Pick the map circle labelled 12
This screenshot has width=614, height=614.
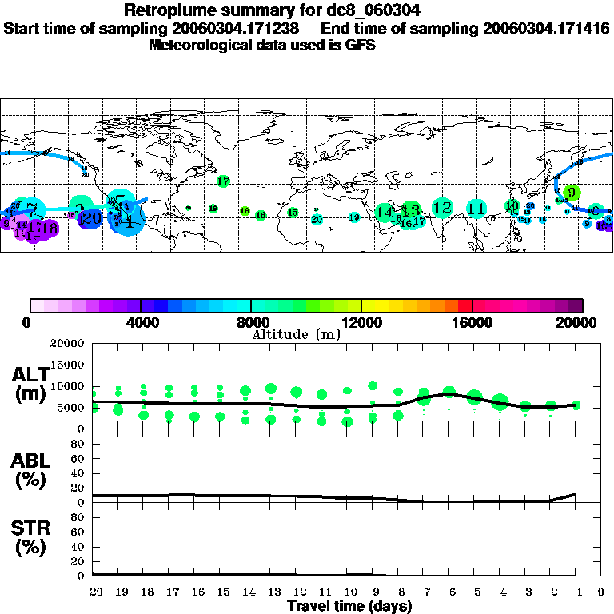click(441, 208)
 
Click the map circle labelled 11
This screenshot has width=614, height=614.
click(476, 209)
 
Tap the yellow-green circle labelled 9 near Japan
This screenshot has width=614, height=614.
click(571, 193)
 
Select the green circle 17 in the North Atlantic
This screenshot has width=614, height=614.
click(223, 181)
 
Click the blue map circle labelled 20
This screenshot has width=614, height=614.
click(91, 217)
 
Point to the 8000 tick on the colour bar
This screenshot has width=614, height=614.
click(251, 305)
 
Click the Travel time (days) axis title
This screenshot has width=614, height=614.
click(349, 607)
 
